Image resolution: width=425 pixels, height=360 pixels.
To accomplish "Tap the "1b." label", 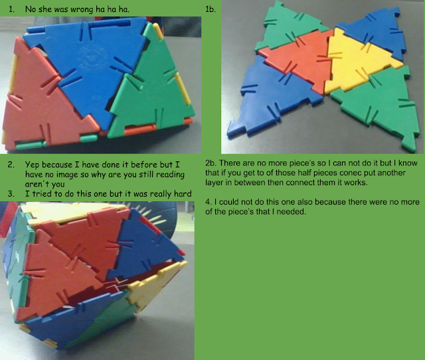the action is (x=211, y=9).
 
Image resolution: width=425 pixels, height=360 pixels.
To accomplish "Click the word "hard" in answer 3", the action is (x=183, y=194).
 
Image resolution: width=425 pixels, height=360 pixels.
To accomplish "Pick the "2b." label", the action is (x=211, y=163).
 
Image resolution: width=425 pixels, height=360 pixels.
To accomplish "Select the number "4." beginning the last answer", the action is (x=208, y=202).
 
